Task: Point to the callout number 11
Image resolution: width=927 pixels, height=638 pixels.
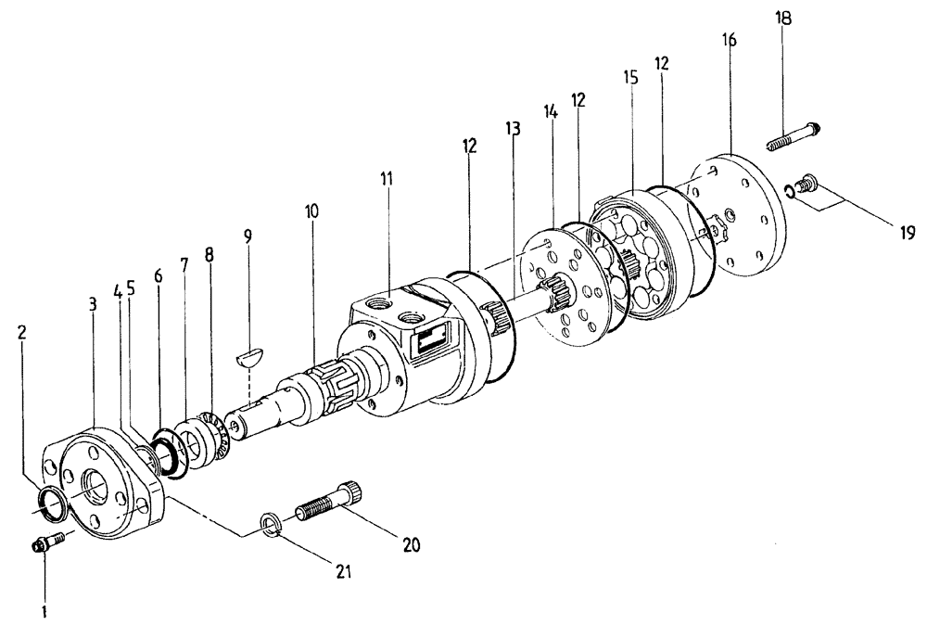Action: pos(386,177)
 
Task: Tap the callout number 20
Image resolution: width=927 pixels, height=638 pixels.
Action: pos(412,545)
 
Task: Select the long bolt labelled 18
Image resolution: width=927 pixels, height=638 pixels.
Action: pos(796,137)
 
